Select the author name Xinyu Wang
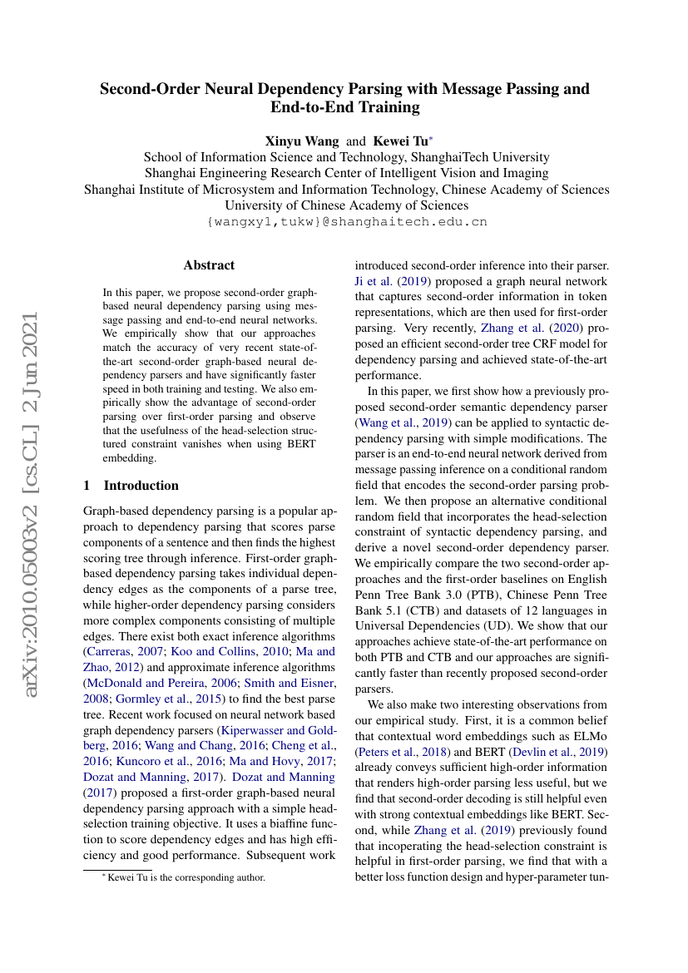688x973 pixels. [302, 141]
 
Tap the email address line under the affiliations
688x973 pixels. [346, 222]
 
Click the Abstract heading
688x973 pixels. [209, 265]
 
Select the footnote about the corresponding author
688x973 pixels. [177, 877]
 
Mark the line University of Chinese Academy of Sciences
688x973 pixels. [346, 205]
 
